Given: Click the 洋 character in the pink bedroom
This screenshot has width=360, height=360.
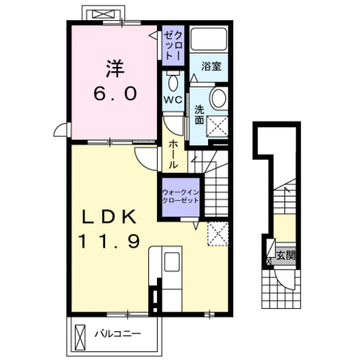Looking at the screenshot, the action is [x=115, y=69].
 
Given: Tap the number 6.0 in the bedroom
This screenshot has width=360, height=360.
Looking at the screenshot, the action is [x=115, y=93].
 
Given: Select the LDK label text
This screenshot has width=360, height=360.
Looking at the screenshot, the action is [x=109, y=216].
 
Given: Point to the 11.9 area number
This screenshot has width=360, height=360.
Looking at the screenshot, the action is [x=109, y=241].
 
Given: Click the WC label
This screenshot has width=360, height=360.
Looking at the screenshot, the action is [x=173, y=100].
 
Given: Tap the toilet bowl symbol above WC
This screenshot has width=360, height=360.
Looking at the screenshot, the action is [x=173, y=81].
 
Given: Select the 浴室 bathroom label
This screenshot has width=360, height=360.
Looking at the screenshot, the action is [x=211, y=66].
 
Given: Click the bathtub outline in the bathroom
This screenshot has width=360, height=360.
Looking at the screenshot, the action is [x=209, y=39].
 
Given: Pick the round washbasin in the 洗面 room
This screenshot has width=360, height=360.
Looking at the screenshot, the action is [x=219, y=98].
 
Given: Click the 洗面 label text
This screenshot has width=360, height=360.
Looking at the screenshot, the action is [x=199, y=115].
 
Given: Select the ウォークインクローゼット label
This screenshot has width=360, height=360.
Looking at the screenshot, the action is [x=181, y=196].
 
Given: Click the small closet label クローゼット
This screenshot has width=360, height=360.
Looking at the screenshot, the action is [x=174, y=46].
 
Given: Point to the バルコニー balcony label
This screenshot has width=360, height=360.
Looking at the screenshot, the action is [x=118, y=334].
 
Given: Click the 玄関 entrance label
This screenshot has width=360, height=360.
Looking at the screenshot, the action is [x=286, y=256].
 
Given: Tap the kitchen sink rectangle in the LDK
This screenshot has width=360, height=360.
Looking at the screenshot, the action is [x=172, y=261].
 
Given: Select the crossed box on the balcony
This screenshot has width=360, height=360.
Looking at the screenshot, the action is [x=80, y=337].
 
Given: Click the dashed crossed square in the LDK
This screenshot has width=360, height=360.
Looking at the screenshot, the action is [x=218, y=234].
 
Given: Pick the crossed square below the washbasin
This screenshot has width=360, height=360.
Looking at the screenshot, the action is [x=217, y=126].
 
